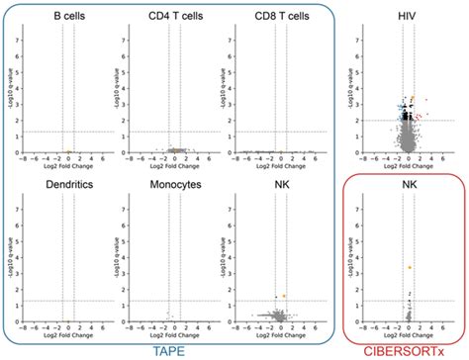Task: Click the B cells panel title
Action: pos(63,17)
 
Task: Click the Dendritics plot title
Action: pos(63,185)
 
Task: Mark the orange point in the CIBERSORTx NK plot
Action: pos(409,267)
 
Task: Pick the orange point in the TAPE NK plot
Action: pos(283,296)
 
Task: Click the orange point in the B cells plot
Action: pos(67,151)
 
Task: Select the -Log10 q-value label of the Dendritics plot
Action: pos(10,262)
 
